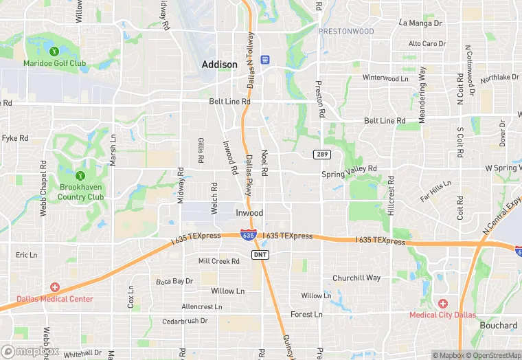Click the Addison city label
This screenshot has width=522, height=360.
point(220,65)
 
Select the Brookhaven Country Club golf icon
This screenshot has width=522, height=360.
point(80,176)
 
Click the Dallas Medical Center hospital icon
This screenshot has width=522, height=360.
point(54,286)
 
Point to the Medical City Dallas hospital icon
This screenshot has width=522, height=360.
point(443,303)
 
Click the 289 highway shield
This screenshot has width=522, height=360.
point(321,154)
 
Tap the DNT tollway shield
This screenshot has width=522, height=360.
point(260,255)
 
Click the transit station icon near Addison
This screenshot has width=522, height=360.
point(266,60)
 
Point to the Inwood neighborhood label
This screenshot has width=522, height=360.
point(249,213)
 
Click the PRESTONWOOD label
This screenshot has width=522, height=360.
point(347,32)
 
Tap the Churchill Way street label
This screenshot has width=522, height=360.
point(356,278)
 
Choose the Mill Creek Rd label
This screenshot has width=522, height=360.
point(218,261)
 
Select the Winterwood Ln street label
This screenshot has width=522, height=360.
point(385,78)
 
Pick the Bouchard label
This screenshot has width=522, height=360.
point(499,326)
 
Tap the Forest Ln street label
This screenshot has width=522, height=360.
point(306,315)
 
